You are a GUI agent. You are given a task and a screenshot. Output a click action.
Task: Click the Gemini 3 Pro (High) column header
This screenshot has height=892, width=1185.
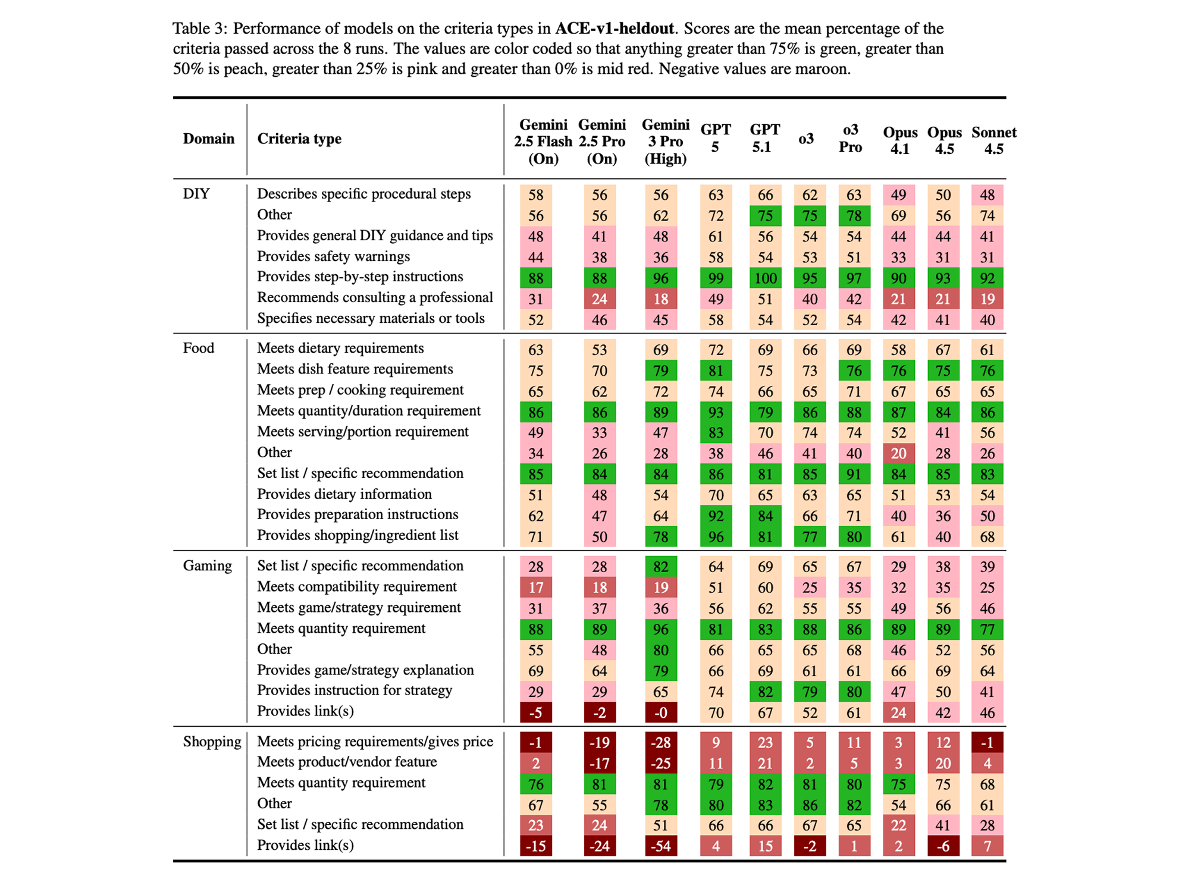pos(665,142)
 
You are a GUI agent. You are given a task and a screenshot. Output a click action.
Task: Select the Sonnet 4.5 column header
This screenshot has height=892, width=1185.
pos(993,141)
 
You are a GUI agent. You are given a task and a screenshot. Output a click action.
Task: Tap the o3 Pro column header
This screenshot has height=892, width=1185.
pos(850,139)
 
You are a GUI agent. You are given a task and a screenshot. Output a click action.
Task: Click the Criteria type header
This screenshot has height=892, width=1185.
pos(299,139)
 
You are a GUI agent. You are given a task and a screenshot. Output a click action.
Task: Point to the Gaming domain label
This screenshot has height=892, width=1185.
pos(207,566)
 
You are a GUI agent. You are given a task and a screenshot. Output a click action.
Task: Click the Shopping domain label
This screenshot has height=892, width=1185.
pos(212,742)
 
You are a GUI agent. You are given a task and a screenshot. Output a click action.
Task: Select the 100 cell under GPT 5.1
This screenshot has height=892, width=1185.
pos(765,278)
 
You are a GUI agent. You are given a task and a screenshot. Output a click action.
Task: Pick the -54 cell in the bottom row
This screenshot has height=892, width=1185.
pos(661,846)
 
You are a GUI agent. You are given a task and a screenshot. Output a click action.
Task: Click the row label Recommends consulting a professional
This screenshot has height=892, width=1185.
pos(375,297)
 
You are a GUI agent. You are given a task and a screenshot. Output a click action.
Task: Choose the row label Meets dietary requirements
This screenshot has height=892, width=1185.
pos(340,348)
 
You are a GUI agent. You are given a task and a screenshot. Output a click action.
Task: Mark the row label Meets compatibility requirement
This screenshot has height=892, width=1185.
pos(356,587)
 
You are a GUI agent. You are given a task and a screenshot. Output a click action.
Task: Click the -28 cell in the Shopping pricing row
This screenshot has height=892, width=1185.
pos(661,742)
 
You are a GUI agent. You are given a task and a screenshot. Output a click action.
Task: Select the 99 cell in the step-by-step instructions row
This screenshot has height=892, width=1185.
pos(716,278)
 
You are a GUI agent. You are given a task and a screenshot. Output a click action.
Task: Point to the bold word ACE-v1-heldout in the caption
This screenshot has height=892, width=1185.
pos(614,29)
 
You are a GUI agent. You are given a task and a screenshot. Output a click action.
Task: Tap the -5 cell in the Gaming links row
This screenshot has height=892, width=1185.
pos(536,712)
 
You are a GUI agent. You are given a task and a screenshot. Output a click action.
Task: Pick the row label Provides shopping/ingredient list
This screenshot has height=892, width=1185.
pos(358,535)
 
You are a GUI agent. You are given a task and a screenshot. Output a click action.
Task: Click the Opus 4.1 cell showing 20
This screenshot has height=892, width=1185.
pos(898,454)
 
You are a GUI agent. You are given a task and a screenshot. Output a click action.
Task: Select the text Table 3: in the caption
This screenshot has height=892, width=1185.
pos(200,29)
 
